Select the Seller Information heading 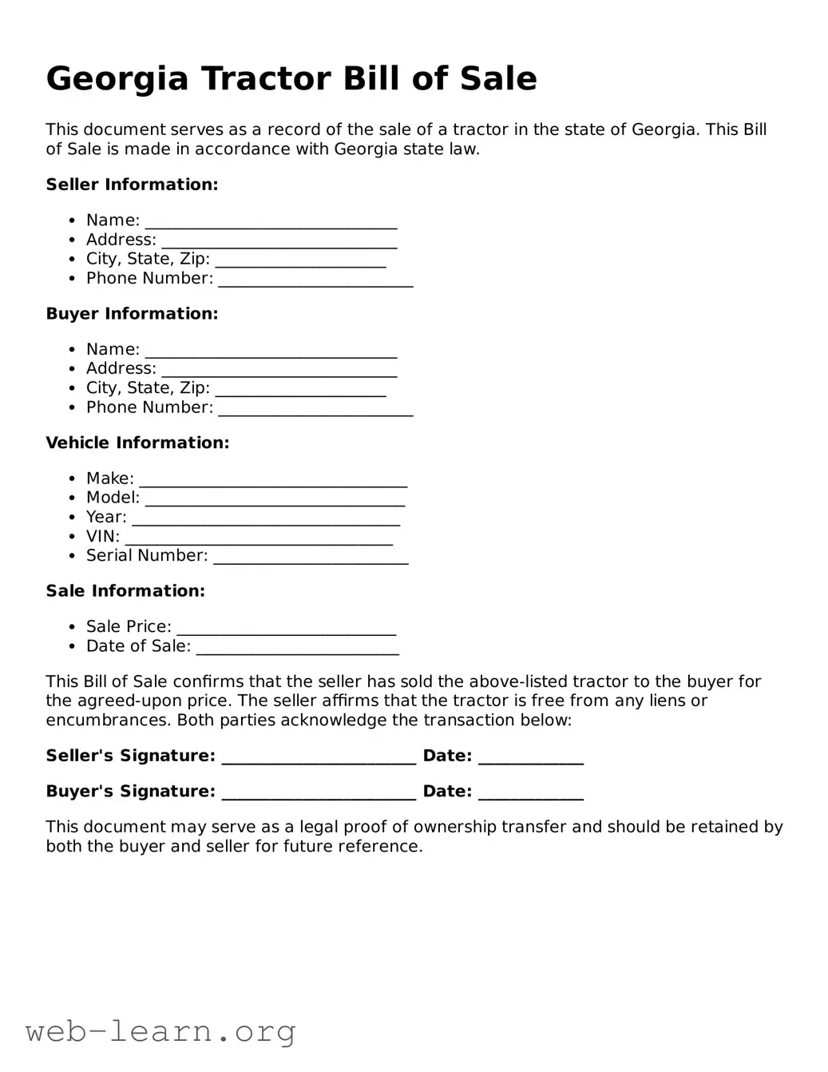click(132, 185)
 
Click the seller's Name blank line click(271, 222)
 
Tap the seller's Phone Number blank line click(315, 280)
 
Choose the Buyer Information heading click(132, 314)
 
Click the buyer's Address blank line click(279, 370)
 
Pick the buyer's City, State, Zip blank click(300, 389)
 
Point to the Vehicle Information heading click(137, 443)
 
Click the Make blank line click(273, 480)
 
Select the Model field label click(113, 498)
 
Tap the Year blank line click(266, 519)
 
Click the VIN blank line click(259, 538)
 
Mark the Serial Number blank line click(311, 558)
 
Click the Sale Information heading click(125, 591)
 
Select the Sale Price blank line click(286, 629)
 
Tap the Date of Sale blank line click(297, 648)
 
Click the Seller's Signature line click(319, 757)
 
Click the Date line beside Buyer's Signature click(530, 793)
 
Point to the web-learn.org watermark click(160, 1031)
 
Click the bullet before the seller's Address click(72, 240)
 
